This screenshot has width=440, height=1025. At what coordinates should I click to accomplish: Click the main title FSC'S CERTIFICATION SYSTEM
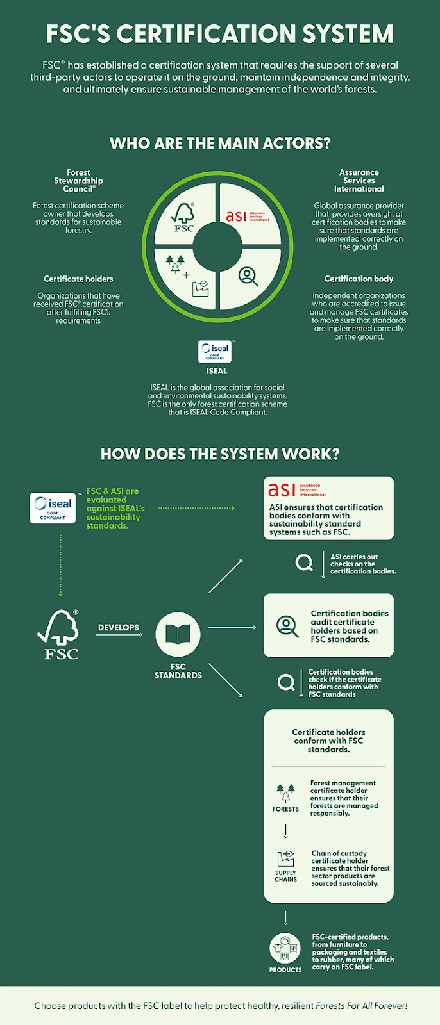click(x=220, y=33)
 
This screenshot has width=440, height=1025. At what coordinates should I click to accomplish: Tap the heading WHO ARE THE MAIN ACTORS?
click(x=220, y=143)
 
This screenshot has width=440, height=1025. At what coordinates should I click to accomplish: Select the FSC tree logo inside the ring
click(x=183, y=218)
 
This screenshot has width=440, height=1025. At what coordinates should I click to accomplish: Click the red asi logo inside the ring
click(x=247, y=216)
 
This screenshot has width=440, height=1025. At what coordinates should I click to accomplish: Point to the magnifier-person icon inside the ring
click(x=248, y=276)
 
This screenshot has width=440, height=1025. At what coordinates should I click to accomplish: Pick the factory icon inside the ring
click(x=200, y=288)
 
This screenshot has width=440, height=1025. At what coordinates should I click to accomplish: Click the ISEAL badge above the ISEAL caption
click(x=215, y=352)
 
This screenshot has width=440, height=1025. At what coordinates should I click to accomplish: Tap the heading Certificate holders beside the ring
click(x=78, y=279)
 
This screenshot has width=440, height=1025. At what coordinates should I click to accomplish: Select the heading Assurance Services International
click(x=359, y=181)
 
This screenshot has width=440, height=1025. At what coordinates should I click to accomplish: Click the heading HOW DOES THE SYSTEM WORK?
click(x=220, y=454)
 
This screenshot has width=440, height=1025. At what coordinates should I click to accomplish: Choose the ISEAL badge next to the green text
click(x=53, y=508)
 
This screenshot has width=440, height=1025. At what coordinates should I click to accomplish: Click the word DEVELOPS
click(x=118, y=627)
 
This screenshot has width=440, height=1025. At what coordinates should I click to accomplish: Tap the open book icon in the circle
click(x=178, y=634)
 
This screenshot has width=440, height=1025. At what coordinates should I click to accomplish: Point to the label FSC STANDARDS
click(x=178, y=671)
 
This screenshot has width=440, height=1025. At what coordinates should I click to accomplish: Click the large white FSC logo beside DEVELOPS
click(x=58, y=634)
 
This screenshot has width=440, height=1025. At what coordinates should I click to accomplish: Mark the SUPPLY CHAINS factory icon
click(x=285, y=859)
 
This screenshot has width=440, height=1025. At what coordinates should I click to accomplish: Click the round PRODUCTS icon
click(x=285, y=948)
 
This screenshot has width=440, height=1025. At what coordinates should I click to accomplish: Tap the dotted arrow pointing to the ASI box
click(x=196, y=508)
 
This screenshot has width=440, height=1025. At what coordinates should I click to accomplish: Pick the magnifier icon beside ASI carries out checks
click(x=304, y=562)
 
